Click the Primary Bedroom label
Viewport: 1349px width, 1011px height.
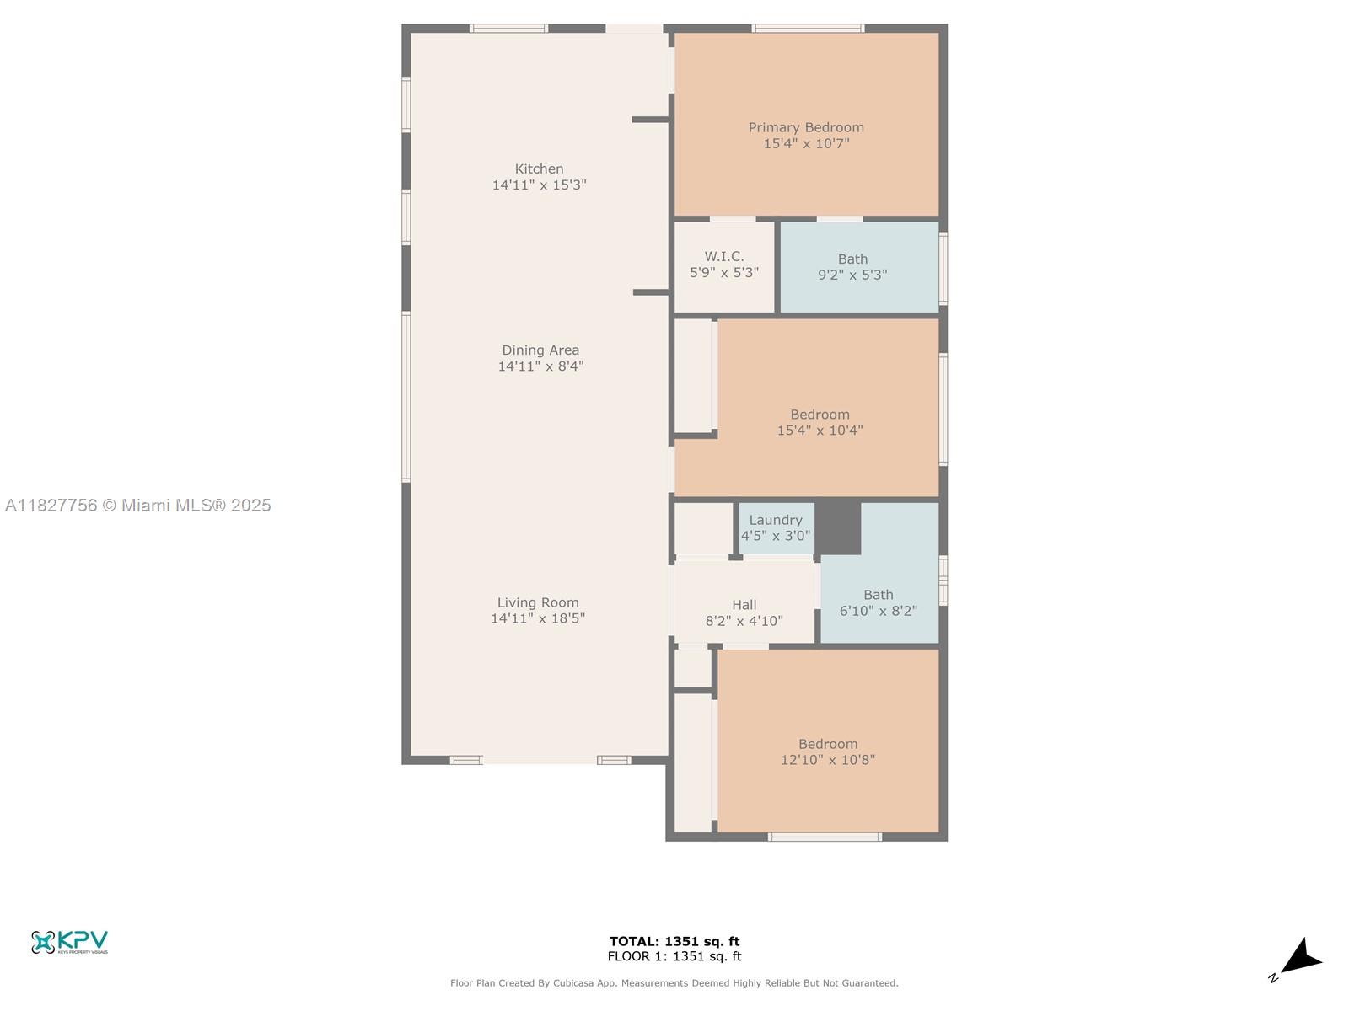click(x=806, y=128)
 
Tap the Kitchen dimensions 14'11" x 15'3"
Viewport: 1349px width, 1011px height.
click(x=539, y=185)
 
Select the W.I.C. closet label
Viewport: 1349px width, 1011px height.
click(x=723, y=257)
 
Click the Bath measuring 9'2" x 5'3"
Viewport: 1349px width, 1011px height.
click(x=852, y=266)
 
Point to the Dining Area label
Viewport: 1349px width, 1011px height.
click(x=540, y=350)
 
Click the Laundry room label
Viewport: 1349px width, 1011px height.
click(x=776, y=521)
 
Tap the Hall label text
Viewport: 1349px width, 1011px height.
click(x=744, y=605)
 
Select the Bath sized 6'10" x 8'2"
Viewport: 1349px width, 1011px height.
click(x=878, y=602)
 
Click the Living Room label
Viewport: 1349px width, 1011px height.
click(x=538, y=602)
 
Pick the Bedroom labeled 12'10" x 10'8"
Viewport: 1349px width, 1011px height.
click(x=828, y=752)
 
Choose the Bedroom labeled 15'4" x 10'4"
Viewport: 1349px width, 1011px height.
click(x=820, y=422)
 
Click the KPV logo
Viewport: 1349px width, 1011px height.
click(x=69, y=941)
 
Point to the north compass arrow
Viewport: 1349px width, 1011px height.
click(x=1301, y=959)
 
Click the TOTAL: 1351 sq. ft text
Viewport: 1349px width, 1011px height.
click(x=674, y=941)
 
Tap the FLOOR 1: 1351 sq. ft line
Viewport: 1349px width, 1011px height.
click(x=674, y=956)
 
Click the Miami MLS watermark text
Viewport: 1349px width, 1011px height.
click(x=138, y=505)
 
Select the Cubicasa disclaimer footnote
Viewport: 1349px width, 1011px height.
click(x=674, y=982)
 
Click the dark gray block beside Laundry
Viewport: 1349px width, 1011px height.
click(x=838, y=527)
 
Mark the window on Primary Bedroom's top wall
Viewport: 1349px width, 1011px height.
click(x=808, y=29)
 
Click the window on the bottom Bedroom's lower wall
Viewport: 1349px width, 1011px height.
click(x=825, y=837)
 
